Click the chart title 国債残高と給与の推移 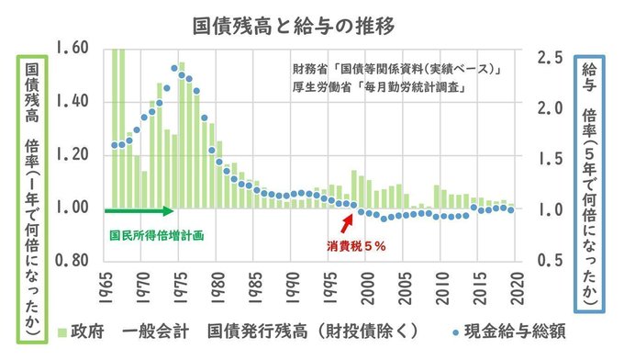tap(294, 26)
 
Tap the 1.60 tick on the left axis tap(72, 48)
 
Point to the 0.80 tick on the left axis tap(72, 261)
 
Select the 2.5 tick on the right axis tap(551, 58)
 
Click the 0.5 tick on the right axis tap(551, 261)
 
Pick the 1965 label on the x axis tap(106, 288)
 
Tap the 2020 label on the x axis tap(518, 288)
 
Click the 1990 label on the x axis tap(293, 288)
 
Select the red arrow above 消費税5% tap(347, 224)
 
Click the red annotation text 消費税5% tap(356, 246)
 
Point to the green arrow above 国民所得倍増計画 tap(139, 210)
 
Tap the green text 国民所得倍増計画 tap(157, 236)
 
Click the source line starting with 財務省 tap(396, 69)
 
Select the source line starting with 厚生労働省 tap(379, 87)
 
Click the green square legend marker tap(62, 332)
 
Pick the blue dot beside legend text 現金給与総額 tap(456, 332)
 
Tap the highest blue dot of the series tap(174, 69)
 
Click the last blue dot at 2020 tap(511, 210)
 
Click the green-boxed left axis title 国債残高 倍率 tap(32, 199)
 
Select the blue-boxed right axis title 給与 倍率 tap(589, 184)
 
